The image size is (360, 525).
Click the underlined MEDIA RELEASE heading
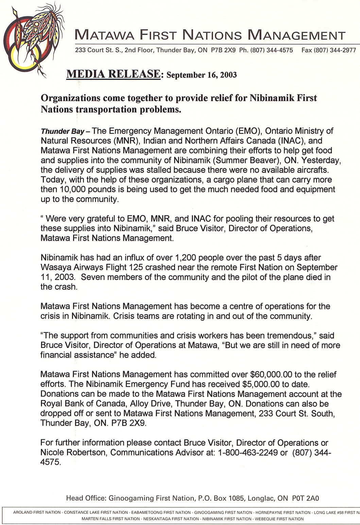(x=113, y=74)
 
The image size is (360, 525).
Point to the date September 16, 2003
(x=202, y=75)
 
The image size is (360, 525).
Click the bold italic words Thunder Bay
(x=63, y=132)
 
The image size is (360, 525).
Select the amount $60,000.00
(x=271, y=374)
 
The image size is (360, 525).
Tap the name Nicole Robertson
(x=74, y=453)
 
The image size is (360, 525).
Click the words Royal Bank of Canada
(x=83, y=404)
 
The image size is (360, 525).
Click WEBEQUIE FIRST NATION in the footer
(x=279, y=519)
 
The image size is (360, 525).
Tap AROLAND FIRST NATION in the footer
(x=37, y=512)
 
